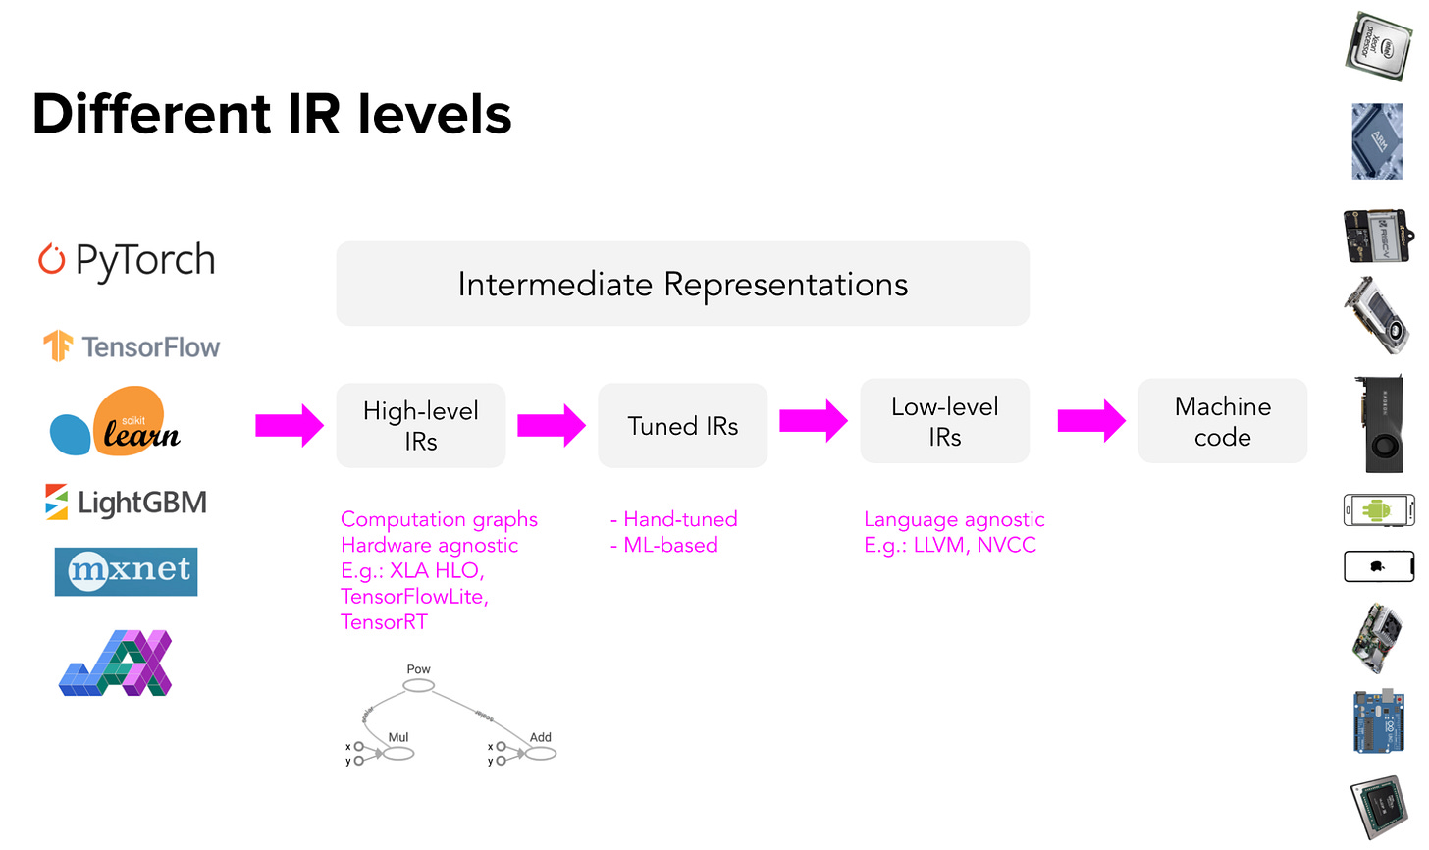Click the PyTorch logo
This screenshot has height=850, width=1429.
[126, 260]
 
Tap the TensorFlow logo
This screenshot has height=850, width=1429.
[132, 346]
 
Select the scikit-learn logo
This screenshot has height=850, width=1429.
[116, 422]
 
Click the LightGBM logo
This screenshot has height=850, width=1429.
[126, 503]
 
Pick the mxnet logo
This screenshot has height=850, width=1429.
[126, 571]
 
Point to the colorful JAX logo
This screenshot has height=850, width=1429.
[116, 664]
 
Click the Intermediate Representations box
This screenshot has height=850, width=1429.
[682, 284]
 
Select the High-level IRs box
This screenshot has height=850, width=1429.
[420, 425]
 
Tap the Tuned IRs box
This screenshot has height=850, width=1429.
[682, 425]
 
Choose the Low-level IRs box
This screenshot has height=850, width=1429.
[944, 421]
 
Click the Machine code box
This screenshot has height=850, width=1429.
[1222, 421]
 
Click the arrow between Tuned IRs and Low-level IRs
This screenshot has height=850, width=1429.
[813, 421]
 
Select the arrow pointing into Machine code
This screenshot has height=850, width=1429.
[1090, 421]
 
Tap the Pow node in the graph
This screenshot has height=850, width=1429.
[419, 684]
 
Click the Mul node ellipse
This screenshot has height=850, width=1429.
[398, 753]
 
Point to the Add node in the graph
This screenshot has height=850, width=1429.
[541, 753]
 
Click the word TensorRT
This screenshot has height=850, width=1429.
[384, 622]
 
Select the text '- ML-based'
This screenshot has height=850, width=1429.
[664, 546]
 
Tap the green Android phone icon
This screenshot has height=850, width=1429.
[1378, 510]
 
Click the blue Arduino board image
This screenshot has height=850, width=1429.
[1378, 722]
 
